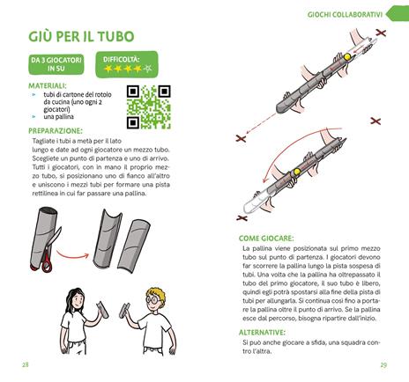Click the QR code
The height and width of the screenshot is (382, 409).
(x=147, y=107)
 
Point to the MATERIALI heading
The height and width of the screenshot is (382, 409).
(x=47, y=85)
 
